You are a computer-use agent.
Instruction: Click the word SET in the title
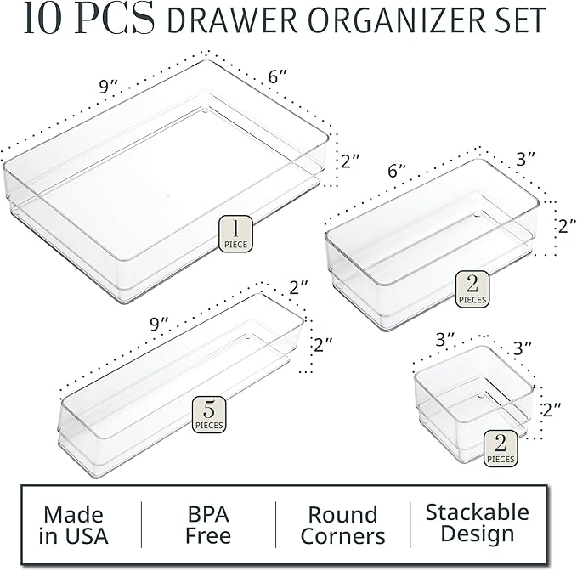(515, 21)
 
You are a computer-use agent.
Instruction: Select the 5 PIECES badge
(208, 414)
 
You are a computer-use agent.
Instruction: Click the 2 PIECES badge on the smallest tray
(500, 449)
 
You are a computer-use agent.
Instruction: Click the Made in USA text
(75, 525)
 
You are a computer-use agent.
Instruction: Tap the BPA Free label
(208, 525)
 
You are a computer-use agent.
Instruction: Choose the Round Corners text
(342, 525)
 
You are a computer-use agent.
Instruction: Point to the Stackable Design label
(477, 523)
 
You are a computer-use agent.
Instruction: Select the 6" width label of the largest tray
(279, 76)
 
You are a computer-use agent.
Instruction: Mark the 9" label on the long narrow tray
(160, 323)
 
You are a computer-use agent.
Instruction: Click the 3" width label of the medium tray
(525, 159)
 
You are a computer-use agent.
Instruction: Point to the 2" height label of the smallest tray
(552, 410)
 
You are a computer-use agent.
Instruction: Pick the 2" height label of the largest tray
(351, 160)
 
